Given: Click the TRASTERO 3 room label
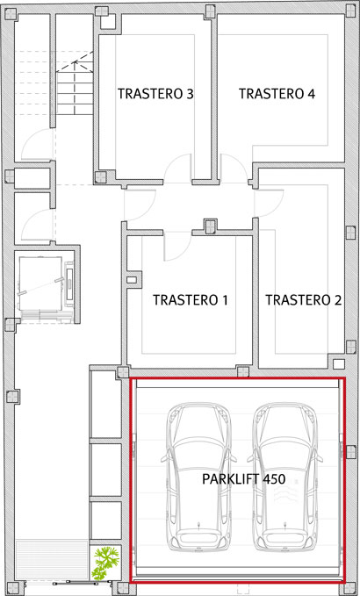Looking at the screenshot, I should click(155, 94).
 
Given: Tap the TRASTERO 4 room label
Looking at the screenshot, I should click(277, 94).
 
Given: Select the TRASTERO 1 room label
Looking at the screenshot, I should click(190, 300).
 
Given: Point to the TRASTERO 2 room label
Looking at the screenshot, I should click(303, 300).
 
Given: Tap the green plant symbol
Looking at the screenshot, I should click(105, 562).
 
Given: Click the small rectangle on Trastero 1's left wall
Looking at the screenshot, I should click(132, 281).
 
